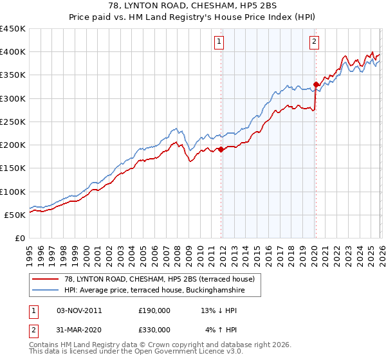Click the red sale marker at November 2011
[221, 149]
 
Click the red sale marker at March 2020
[316, 84]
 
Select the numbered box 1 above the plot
[219, 42]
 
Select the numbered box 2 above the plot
[314, 42]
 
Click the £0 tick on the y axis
[21, 239]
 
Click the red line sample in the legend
[46, 279]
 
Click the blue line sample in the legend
[46, 291]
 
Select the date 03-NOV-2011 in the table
[80, 310]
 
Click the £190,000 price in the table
[154, 310]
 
